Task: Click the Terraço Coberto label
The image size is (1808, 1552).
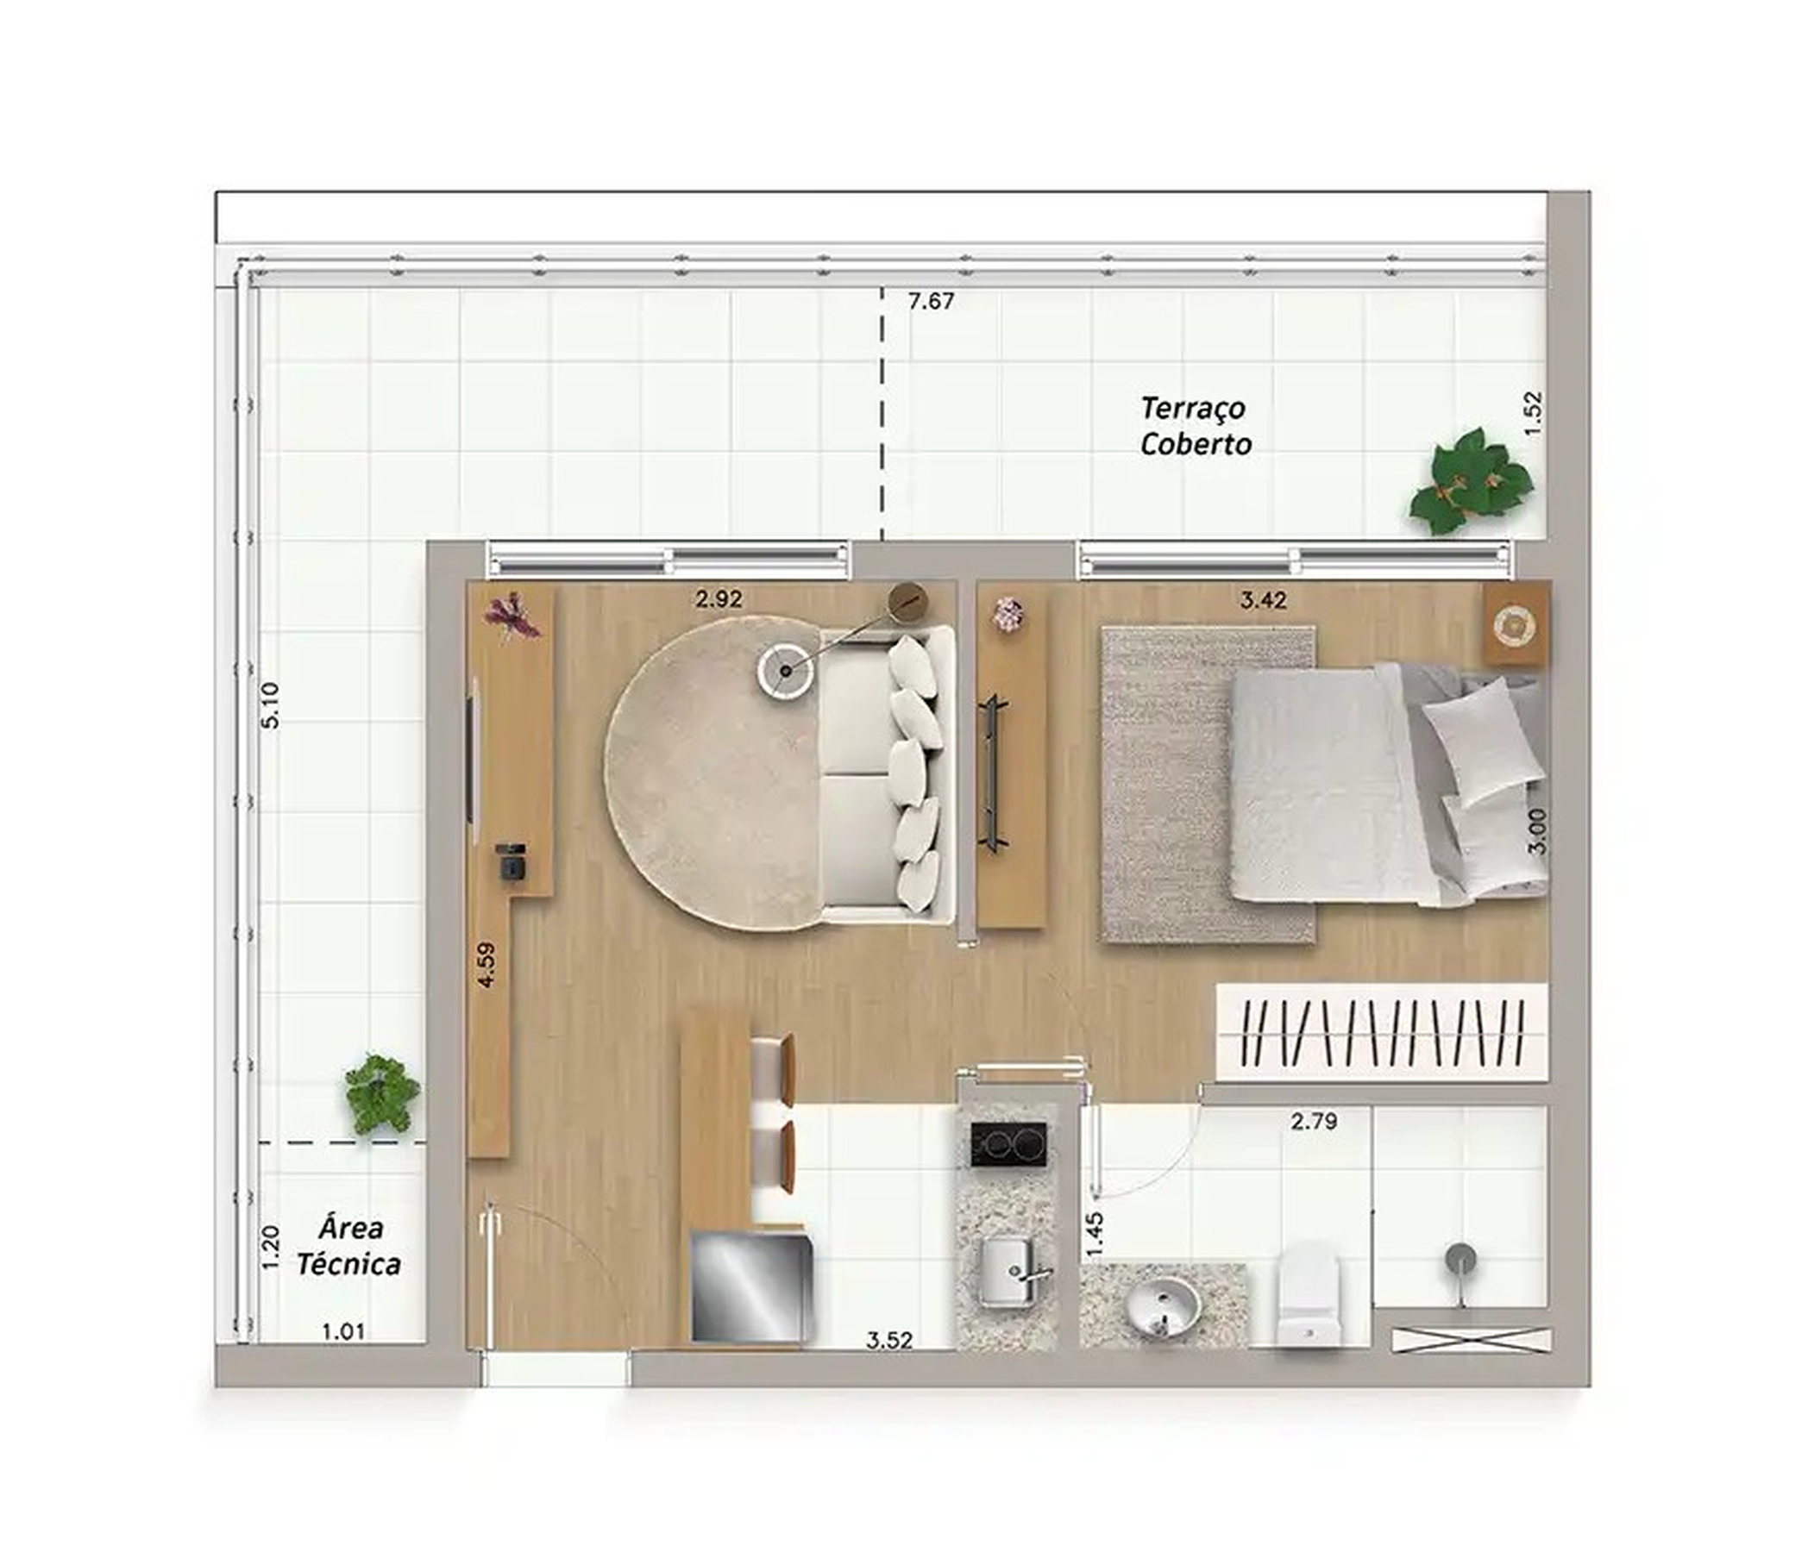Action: pos(1196,426)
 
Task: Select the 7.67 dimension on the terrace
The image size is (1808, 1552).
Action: pos(931,302)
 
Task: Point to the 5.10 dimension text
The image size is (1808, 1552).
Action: pos(272,706)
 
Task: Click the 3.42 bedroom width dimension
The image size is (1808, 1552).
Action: pos(1263,600)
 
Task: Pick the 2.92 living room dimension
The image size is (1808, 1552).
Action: pos(719,599)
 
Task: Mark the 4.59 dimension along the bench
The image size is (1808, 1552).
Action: pos(487,964)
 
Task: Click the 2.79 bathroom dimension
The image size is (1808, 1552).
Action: pos(1313,1121)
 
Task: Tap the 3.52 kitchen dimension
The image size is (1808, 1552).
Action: pos(889,1340)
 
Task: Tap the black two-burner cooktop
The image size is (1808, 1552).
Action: pos(1008,1144)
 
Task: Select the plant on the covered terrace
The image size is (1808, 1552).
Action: pos(1470,482)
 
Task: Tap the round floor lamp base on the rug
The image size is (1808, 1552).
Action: pos(785,670)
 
